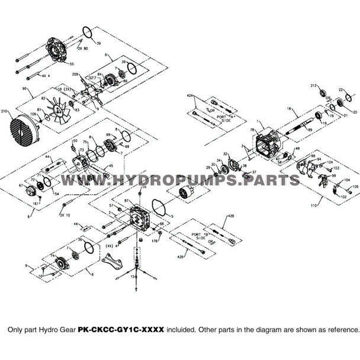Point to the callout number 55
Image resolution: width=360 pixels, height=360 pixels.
click(71, 63)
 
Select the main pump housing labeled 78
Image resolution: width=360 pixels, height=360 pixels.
click(269, 146)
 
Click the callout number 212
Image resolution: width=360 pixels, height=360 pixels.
click(313, 86)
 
